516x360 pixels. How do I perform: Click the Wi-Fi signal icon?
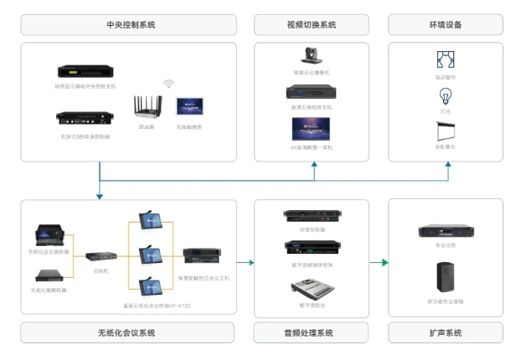tap(168, 84)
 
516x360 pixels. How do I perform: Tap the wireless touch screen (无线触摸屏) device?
tap(188, 107)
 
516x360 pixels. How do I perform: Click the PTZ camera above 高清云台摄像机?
tap(311, 56)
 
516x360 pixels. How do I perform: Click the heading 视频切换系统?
tap(311, 25)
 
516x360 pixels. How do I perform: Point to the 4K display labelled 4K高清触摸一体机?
tap(311, 128)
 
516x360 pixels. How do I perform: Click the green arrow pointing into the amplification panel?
tap(384, 263)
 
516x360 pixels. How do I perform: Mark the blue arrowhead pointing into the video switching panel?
tap(315, 167)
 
